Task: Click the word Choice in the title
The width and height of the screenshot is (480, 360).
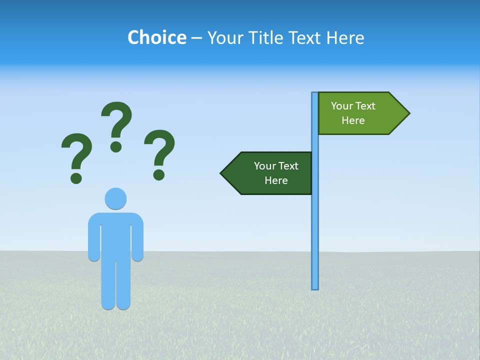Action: pos(156,37)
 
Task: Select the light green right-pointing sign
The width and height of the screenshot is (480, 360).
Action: pos(360,113)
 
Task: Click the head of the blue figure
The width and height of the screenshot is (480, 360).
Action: pos(115,198)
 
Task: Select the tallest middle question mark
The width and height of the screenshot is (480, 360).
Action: pos(117,120)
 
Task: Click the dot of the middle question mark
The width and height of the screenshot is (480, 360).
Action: pos(116,146)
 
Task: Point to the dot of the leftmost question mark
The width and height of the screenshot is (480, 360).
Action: pos(76,178)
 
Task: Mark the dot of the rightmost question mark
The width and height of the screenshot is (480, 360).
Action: pos(159,174)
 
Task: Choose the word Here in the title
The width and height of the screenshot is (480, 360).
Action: pos(345,37)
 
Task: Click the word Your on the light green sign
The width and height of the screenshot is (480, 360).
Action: pos(342,106)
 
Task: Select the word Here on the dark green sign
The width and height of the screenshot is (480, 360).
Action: pos(276,180)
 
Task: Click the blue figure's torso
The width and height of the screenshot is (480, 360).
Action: pos(115,235)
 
